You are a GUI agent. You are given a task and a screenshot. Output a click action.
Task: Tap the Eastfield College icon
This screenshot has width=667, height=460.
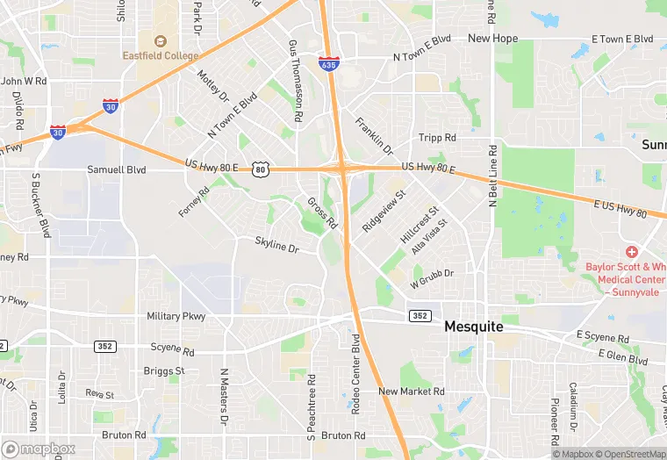tap(161, 40)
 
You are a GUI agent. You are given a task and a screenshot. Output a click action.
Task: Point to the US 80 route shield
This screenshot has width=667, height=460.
tap(260, 168)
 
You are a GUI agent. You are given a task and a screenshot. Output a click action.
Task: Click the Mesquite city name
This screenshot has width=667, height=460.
tap(474, 326)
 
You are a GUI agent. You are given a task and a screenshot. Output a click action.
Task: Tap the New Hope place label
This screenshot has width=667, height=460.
tap(492, 39)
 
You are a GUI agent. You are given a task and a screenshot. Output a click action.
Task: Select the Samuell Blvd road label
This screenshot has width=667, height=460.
tap(116, 169)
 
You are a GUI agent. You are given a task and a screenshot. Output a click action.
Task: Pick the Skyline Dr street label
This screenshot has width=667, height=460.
tap(277, 245)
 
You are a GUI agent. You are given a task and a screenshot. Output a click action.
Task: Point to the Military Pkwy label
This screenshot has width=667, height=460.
tap(176, 316)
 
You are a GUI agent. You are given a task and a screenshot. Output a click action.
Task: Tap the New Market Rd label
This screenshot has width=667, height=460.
tap(412, 392)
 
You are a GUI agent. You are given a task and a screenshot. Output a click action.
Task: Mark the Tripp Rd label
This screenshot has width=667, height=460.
tap(437, 138)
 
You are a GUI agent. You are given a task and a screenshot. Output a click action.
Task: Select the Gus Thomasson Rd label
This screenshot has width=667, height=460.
tap(297, 80)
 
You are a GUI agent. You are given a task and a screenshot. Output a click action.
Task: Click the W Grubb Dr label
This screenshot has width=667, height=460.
tap(432, 278)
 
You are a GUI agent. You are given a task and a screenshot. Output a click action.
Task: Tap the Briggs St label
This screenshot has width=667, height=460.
tap(164, 370)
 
